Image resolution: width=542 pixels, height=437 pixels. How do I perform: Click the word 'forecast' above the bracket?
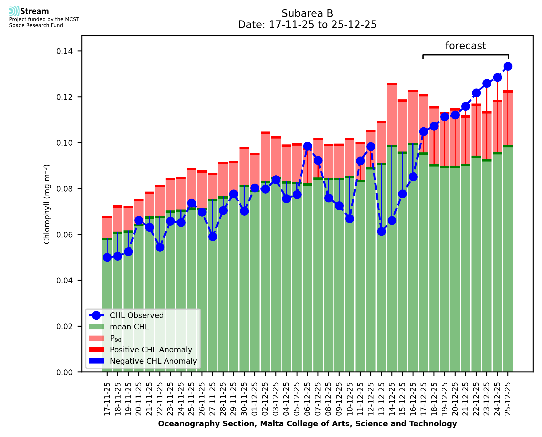click(465, 46)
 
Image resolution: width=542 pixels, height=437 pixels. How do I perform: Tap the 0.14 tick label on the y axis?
click(64, 51)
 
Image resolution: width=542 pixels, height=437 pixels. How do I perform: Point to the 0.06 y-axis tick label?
click(64, 235)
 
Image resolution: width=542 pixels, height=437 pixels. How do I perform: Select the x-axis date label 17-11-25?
click(107, 399)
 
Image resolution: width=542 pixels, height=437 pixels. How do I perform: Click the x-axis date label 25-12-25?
click(508, 399)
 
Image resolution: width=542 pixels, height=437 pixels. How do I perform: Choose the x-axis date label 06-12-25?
click(308, 399)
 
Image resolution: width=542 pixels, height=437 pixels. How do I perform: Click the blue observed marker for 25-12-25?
click(508, 66)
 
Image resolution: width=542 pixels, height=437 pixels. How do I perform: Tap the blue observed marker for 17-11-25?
click(107, 257)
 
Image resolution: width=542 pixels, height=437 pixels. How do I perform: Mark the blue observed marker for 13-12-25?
click(381, 231)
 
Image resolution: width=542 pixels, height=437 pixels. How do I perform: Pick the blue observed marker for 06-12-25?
click(308, 146)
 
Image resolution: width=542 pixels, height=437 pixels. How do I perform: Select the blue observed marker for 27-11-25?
click(213, 237)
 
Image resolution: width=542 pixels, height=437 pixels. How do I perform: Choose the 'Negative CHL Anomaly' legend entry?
click(153, 361)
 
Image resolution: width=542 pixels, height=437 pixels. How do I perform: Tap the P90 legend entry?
click(116, 338)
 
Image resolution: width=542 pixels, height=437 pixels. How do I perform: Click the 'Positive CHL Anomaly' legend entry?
click(151, 350)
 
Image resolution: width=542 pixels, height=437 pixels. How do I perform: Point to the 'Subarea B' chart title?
click(307, 13)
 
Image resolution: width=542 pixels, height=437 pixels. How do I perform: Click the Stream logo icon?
click(14, 11)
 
